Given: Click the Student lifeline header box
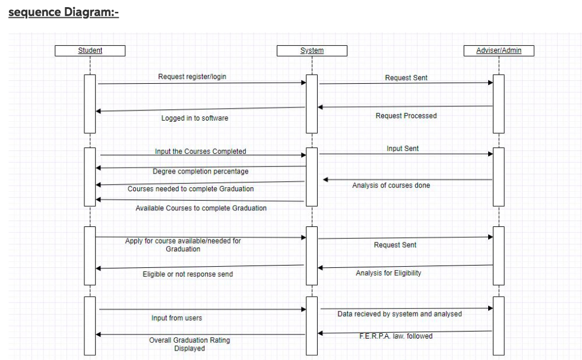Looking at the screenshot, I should coord(90,50).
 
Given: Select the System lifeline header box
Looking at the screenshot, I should coord(312,50).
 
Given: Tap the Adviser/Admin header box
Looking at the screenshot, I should coord(499,50).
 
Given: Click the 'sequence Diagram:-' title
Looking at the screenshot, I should coord(64,12).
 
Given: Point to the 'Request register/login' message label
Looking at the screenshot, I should coord(192,77).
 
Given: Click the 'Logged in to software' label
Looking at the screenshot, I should coord(195,118).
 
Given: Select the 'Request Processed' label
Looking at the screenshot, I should coord(406,116).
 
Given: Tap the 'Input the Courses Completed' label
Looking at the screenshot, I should coord(200,151).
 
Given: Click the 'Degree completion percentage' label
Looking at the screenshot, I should coord(200,172).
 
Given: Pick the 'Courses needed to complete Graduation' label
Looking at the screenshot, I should coord(191,189).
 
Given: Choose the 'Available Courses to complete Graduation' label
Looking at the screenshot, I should coord(201,209).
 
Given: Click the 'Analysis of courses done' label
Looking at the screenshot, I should coord(391,185).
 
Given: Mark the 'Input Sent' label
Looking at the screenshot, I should coord(403,149).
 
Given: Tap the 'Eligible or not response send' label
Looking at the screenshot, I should coord(188,274).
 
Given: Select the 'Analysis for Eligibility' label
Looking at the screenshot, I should coord(388,273).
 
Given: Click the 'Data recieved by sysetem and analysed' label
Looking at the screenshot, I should coord(399,314).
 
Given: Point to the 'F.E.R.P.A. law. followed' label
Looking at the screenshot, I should coord(396,336).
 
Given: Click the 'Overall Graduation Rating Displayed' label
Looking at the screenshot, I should coord(189,345).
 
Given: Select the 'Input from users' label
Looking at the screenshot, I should coord(177,318).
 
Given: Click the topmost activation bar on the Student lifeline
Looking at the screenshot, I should coord(90,103).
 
